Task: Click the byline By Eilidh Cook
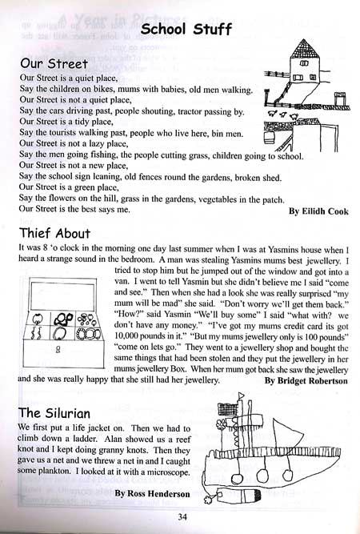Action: (318, 212)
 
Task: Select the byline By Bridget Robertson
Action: (305, 381)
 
